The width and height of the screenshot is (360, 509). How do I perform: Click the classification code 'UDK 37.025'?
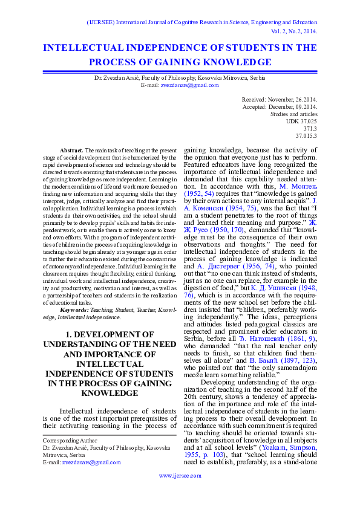click(301, 121)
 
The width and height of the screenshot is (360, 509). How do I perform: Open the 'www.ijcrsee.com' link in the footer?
click(180, 476)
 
